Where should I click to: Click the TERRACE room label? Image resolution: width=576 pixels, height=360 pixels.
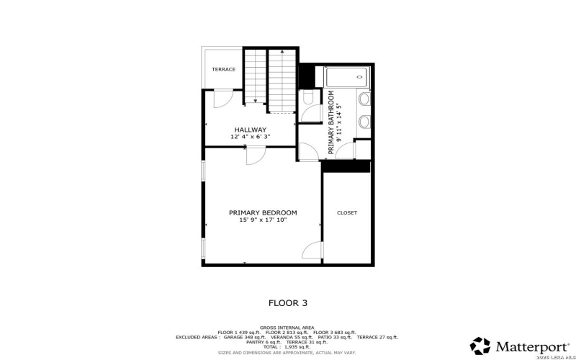pos(223,69)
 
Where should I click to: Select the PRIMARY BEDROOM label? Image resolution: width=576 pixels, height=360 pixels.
pos(263,212)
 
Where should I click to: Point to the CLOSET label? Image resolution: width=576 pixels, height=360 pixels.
pos(347,212)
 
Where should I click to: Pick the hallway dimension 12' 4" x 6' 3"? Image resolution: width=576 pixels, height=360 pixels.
pos(250,137)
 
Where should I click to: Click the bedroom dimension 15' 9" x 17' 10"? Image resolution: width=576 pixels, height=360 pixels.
pos(263,220)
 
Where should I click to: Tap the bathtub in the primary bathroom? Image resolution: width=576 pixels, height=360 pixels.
pos(346,77)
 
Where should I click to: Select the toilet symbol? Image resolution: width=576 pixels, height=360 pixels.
pos(308,98)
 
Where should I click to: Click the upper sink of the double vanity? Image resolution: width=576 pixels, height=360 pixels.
pos(364,99)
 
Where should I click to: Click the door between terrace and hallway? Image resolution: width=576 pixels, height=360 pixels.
pos(222,99)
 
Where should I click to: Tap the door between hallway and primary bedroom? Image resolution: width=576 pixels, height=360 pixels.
pos(256,154)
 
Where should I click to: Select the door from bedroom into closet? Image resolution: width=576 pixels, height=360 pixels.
pos(312,250)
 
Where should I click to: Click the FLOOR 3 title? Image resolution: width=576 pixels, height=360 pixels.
pos(288,304)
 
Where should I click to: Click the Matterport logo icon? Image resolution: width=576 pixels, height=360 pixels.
pos(480,346)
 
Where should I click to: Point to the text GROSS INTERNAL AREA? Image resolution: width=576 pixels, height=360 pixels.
pos(288,327)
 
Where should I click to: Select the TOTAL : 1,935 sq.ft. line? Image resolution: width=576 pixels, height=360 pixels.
pos(288,347)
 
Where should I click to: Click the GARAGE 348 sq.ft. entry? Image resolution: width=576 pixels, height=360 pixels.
pos(245,337)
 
